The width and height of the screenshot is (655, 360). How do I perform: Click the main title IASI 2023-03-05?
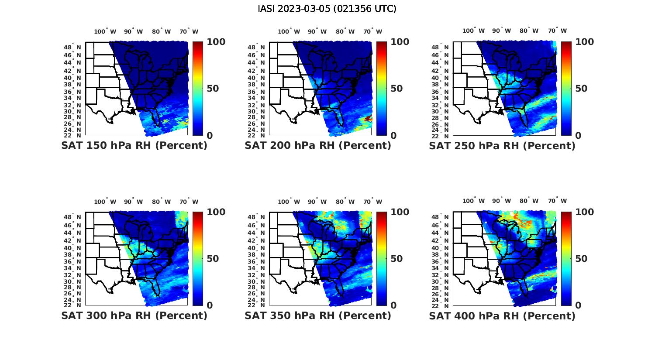coord(327,9)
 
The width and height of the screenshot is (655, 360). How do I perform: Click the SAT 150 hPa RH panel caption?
coord(134,146)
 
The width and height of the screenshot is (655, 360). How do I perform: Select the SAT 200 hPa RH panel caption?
coord(318,146)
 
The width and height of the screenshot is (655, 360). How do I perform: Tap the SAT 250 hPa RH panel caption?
coord(502,146)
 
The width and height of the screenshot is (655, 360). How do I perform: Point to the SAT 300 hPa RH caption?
coord(134,315)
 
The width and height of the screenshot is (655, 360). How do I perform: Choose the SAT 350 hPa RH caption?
coord(318,315)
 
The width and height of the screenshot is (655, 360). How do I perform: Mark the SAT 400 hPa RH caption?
coord(502,315)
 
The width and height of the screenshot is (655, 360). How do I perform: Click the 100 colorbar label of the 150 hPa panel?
coord(216,42)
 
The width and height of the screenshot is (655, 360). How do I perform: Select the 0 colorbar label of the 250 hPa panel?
coord(578,136)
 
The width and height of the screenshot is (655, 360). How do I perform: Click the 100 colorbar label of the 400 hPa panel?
coord(585,212)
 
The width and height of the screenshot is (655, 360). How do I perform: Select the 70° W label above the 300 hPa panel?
coord(189,202)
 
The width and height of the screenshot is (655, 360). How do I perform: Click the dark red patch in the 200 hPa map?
coord(368,118)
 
